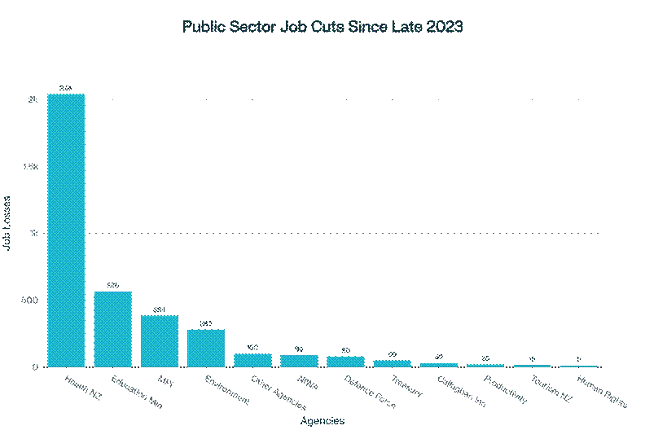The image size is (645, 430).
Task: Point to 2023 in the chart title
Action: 444,27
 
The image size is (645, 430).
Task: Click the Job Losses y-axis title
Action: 7,222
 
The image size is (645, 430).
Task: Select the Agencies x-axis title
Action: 322,421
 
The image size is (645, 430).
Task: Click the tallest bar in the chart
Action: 66,230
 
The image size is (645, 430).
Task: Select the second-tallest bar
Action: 112,329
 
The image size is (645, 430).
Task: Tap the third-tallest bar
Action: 159,341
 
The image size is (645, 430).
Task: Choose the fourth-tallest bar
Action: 206,348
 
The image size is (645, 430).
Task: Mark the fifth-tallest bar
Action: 252,360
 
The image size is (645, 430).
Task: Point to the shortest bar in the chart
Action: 578,366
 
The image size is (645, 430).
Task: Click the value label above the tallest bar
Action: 66,88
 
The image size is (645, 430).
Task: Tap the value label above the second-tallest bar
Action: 112,285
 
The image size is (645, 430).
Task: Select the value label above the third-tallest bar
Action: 159,309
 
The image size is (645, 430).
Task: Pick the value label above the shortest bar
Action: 578,359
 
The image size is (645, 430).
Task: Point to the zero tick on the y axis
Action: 33,366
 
